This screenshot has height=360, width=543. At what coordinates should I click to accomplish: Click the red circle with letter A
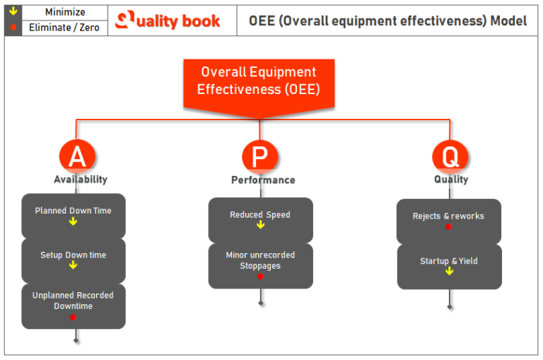point(76,156)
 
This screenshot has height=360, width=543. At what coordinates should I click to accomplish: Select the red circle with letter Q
point(450,156)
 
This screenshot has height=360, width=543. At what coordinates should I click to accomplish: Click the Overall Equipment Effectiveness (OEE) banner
point(258,81)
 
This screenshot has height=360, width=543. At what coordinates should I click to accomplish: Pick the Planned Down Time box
point(74,216)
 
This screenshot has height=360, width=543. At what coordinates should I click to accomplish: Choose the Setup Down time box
point(74,260)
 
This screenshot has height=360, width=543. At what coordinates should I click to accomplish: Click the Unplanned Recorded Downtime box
point(74,306)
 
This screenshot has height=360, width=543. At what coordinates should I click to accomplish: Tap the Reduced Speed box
point(260,220)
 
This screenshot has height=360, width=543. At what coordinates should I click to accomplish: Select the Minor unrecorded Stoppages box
point(260,265)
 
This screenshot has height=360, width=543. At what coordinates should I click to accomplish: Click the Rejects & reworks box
point(449,221)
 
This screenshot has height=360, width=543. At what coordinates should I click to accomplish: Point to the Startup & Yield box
point(449,266)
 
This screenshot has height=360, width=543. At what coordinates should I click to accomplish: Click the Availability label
point(81,180)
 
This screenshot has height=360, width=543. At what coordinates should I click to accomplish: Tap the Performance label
point(263,180)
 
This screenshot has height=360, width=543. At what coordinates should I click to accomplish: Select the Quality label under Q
point(451,180)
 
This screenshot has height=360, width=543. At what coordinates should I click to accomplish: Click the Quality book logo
point(168,21)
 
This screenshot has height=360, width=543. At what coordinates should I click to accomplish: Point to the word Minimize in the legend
point(65,12)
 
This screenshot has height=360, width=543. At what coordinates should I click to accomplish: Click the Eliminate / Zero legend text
point(65,28)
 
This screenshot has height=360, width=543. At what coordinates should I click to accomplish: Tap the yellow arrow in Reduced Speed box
point(260,225)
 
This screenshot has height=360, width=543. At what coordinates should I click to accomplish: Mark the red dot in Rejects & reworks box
point(449,226)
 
